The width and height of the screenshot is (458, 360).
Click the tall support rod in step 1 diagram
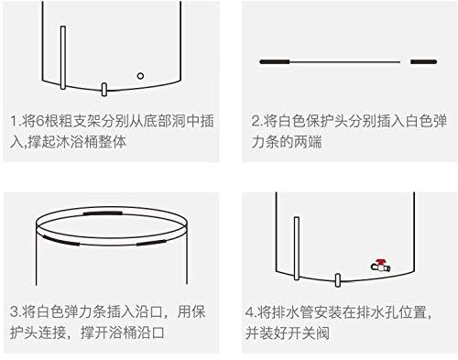(x=62, y=57)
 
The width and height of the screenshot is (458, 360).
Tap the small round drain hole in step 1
(x=140, y=75)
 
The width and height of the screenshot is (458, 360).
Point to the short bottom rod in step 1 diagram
(x=104, y=89)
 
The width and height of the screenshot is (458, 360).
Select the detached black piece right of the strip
(x=422, y=60)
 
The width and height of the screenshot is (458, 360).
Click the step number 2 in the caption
(x=256, y=121)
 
